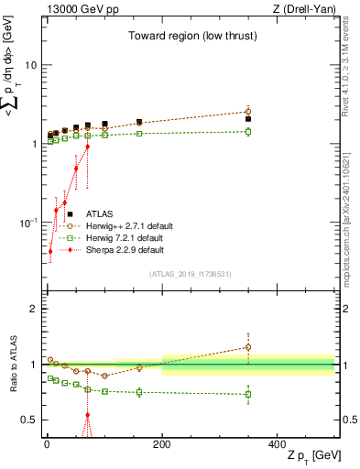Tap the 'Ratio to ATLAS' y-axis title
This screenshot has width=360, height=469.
pyautogui.click(x=12, y=364)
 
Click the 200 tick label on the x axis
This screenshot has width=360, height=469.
pyautogui.click(x=162, y=443)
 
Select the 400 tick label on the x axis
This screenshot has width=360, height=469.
pyautogui.click(x=277, y=443)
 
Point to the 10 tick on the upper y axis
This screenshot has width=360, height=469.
pyautogui.click(x=29, y=65)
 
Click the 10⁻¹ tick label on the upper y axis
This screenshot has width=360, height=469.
pyautogui.click(x=27, y=223)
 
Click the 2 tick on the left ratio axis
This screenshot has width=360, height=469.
pyautogui.click(x=33, y=310)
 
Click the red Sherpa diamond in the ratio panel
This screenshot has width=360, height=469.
pyautogui.click(x=88, y=415)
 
